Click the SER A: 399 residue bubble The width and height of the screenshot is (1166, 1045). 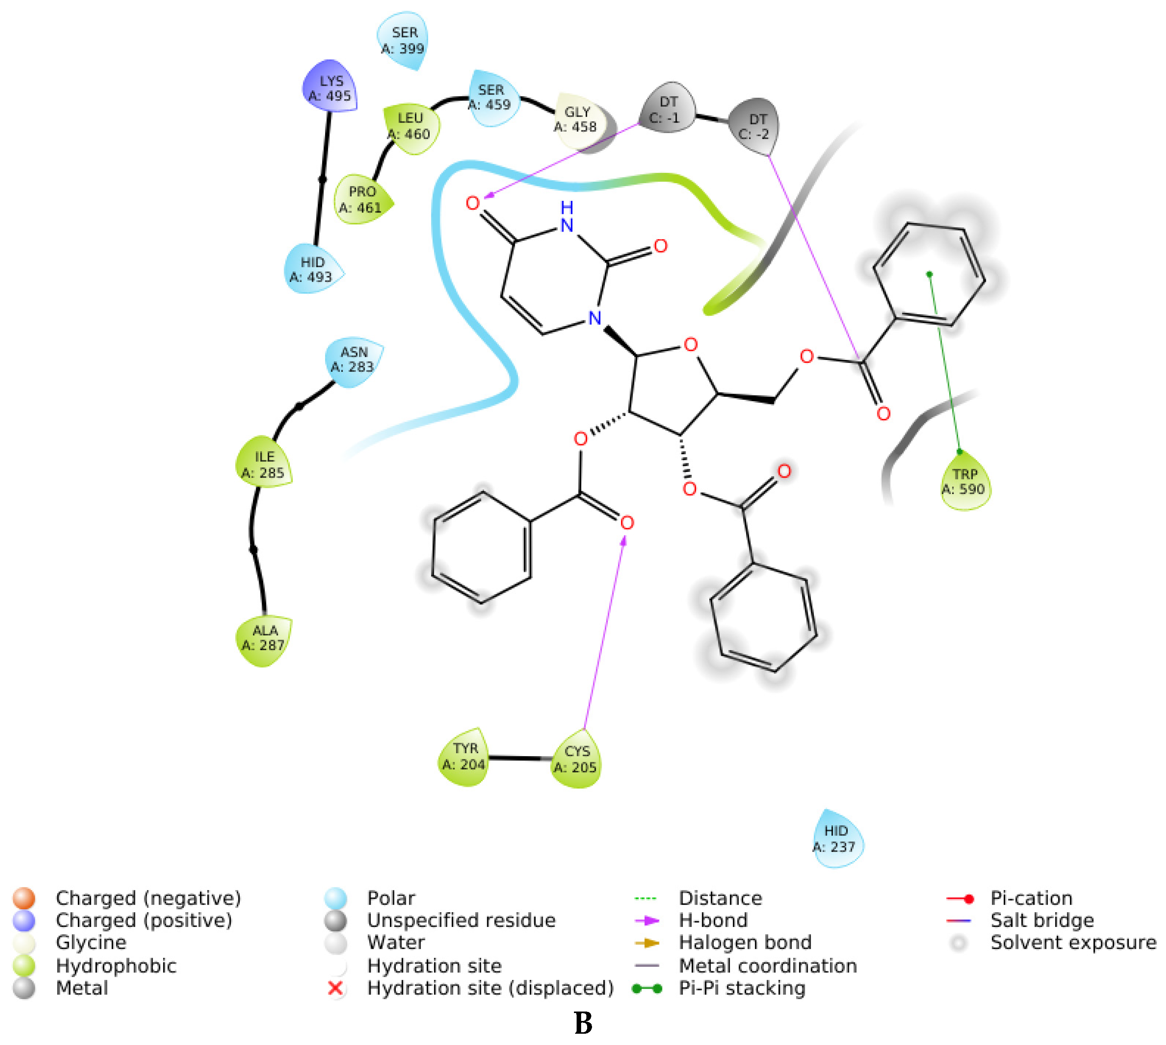pyautogui.click(x=403, y=41)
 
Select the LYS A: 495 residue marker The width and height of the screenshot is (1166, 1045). pyautogui.click(x=330, y=88)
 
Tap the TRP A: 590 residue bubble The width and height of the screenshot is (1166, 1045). pyautogui.click(x=965, y=482)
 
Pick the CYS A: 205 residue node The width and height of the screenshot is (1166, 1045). pyautogui.click(x=576, y=759)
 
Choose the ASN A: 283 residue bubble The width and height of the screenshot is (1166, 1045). pyautogui.click(x=353, y=359)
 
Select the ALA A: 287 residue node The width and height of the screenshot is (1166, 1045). pyautogui.click(x=263, y=639)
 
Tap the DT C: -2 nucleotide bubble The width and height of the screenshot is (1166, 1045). pyautogui.click(x=755, y=126)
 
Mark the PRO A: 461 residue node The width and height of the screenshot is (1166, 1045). pyautogui.click(x=362, y=199)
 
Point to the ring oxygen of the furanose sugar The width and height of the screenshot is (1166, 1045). pyautogui.click(x=690, y=344)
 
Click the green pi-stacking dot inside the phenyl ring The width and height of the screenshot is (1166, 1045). pyautogui.click(x=930, y=275)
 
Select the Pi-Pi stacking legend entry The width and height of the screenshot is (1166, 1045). pyautogui.click(x=741, y=988)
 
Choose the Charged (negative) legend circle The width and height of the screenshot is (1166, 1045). pyautogui.click(x=24, y=898)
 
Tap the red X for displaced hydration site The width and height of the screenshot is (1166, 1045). pyautogui.click(x=335, y=988)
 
